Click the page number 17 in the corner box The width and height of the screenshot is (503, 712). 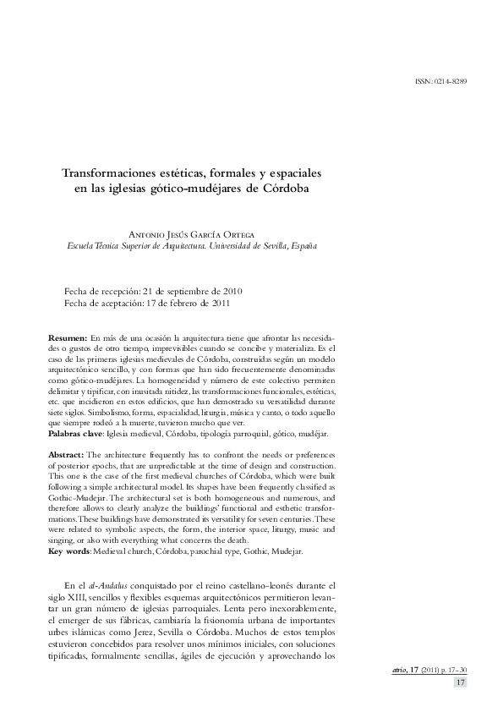pos(461,682)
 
